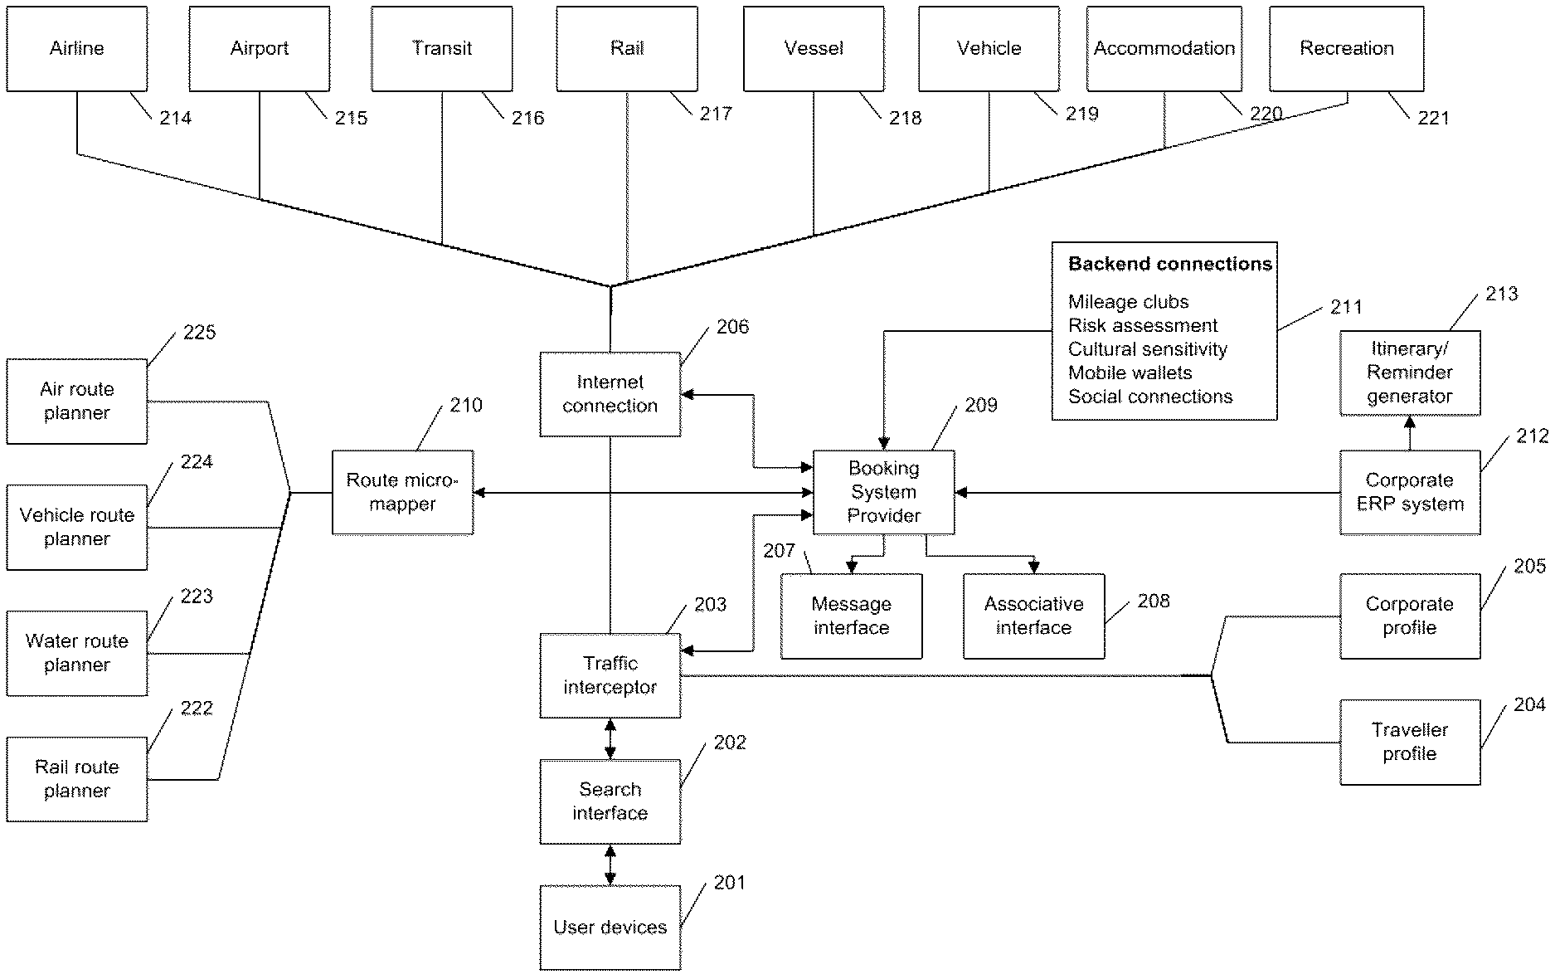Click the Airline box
(x=77, y=49)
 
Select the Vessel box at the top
(x=814, y=49)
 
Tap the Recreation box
(x=1346, y=49)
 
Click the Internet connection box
(x=610, y=394)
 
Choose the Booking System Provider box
(x=883, y=492)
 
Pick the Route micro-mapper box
(x=402, y=492)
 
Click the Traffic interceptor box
(x=610, y=675)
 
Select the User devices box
(x=610, y=927)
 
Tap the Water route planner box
(x=77, y=653)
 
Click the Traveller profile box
(x=1409, y=742)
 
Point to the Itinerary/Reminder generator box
(x=1409, y=373)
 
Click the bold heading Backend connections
(x=1169, y=265)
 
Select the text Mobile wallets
(x=1130, y=373)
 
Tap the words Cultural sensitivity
(x=1147, y=349)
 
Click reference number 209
(x=981, y=406)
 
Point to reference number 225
(x=199, y=333)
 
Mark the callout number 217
(x=716, y=114)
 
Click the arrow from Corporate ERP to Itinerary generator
(x=1409, y=433)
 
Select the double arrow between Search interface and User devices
(x=610, y=865)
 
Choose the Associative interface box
(x=1033, y=616)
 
